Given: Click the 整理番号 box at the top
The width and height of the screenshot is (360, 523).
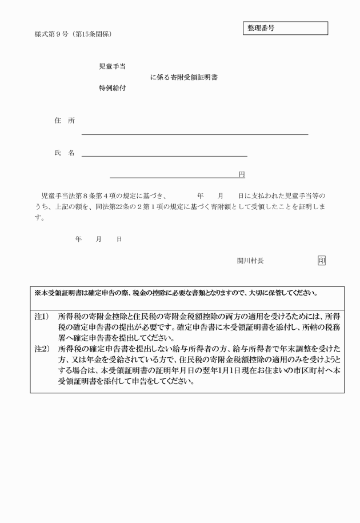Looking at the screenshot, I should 286,28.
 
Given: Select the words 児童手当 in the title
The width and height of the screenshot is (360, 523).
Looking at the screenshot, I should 112,67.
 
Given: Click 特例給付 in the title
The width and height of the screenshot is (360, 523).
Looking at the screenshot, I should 112,89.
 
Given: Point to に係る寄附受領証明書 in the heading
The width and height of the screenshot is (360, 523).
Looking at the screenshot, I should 183,78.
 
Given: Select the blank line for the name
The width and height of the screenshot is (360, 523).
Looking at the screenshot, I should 165,155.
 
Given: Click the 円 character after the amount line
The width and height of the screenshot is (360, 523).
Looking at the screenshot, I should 242,174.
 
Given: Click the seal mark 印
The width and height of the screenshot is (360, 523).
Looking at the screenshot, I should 322,261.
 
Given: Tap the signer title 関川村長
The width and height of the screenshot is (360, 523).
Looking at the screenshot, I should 250,261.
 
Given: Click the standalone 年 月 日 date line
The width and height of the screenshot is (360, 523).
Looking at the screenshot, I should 98,239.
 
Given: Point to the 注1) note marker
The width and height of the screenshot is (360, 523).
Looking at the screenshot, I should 41,317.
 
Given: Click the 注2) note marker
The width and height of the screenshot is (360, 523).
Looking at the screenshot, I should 41,348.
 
